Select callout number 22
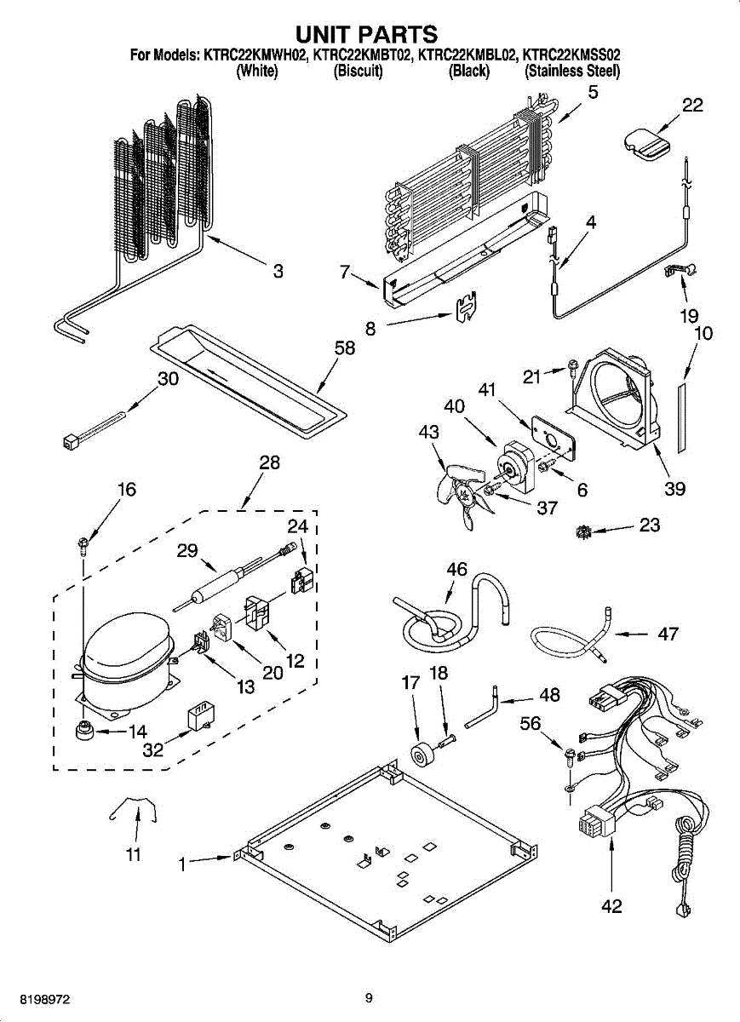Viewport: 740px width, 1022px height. [692, 105]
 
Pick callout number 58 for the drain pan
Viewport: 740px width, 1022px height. [345, 351]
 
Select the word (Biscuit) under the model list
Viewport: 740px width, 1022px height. [359, 72]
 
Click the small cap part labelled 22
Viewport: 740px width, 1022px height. [648, 141]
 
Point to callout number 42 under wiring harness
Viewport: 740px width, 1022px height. [611, 906]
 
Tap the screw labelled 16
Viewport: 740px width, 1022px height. [82, 543]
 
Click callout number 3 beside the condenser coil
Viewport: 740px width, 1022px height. [278, 272]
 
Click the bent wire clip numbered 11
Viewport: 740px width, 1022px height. [134, 807]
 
